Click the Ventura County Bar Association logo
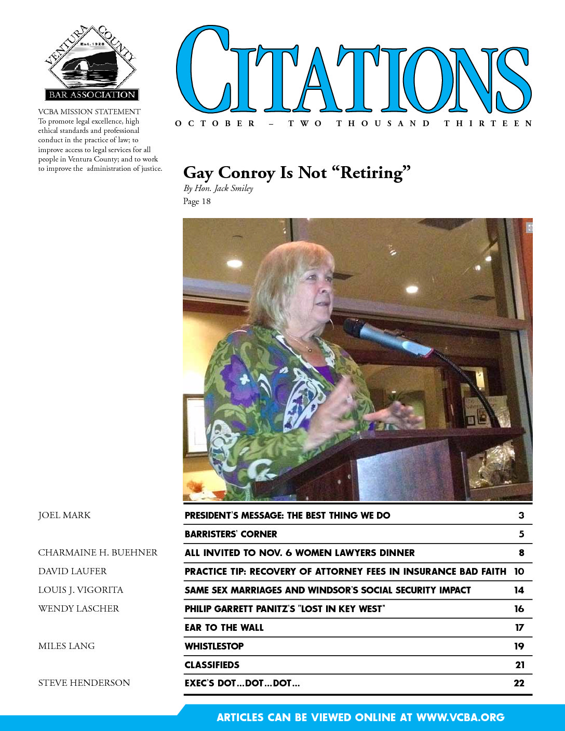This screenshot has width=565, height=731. tap(91, 63)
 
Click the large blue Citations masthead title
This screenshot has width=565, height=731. tap(353, 70)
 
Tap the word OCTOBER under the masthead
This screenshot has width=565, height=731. tap(216, 124)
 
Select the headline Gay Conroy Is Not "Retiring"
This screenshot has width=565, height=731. tap(297, 172)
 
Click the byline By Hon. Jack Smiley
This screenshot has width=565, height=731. tap(218, 188)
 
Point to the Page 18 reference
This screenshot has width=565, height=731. tap(197, 201)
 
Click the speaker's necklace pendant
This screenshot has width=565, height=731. tap(310, 348)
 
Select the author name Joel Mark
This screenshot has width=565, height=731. tap(64, 516)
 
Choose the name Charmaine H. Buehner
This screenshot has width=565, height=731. tap(98, 553)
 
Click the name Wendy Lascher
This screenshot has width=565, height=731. tap(78, 609)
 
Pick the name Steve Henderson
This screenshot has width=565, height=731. tap(84, 683)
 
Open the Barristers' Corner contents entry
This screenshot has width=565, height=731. tap(231, 534)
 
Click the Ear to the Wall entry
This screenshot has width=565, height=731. tap(224, 628)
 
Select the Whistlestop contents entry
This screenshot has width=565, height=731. tap(214, 646)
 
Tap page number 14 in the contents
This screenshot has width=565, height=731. tap(519, 590)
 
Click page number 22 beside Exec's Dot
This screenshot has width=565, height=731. tap(519, 684)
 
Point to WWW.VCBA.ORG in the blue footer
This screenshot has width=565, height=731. tap(460, 718)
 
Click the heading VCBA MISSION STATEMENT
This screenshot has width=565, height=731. tap(89, 112)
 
